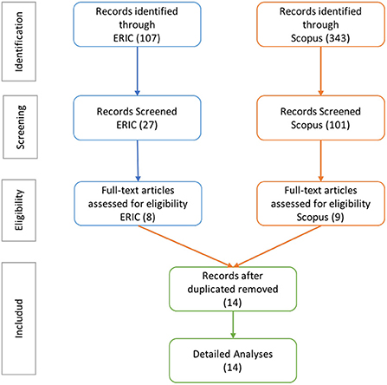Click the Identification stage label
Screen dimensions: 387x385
(x=19, y=42)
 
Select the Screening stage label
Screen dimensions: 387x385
(x=20, y=127)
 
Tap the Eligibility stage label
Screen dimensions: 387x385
(x=19, y=210)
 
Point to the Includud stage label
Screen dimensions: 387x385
(x=19, y=318)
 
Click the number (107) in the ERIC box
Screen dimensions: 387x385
(x=149, y=38)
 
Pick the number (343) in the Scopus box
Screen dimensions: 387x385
(x=337, y=38)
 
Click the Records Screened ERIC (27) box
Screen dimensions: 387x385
(x=137, y=118)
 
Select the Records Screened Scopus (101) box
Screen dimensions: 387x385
(x=320, y=118)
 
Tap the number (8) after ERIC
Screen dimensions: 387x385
(x=149, y=217)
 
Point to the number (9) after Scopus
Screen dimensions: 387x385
(x=338, y=217)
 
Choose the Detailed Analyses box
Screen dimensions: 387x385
(x=233, y=361)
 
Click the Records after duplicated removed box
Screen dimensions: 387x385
(x=233, y=289)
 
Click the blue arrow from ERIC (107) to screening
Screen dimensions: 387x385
(x=138, y=71)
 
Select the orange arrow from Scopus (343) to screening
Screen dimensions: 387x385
(x=320, y=71)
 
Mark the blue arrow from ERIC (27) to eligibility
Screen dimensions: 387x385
(x=138, y=161)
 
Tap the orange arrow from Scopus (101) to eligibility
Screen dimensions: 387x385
(x=320, y=161)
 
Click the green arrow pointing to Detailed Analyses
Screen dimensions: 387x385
(x=233, y=325)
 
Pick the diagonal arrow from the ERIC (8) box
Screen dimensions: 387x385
(x=185, y=246)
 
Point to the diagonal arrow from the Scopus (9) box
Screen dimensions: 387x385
(x=278, y=246)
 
